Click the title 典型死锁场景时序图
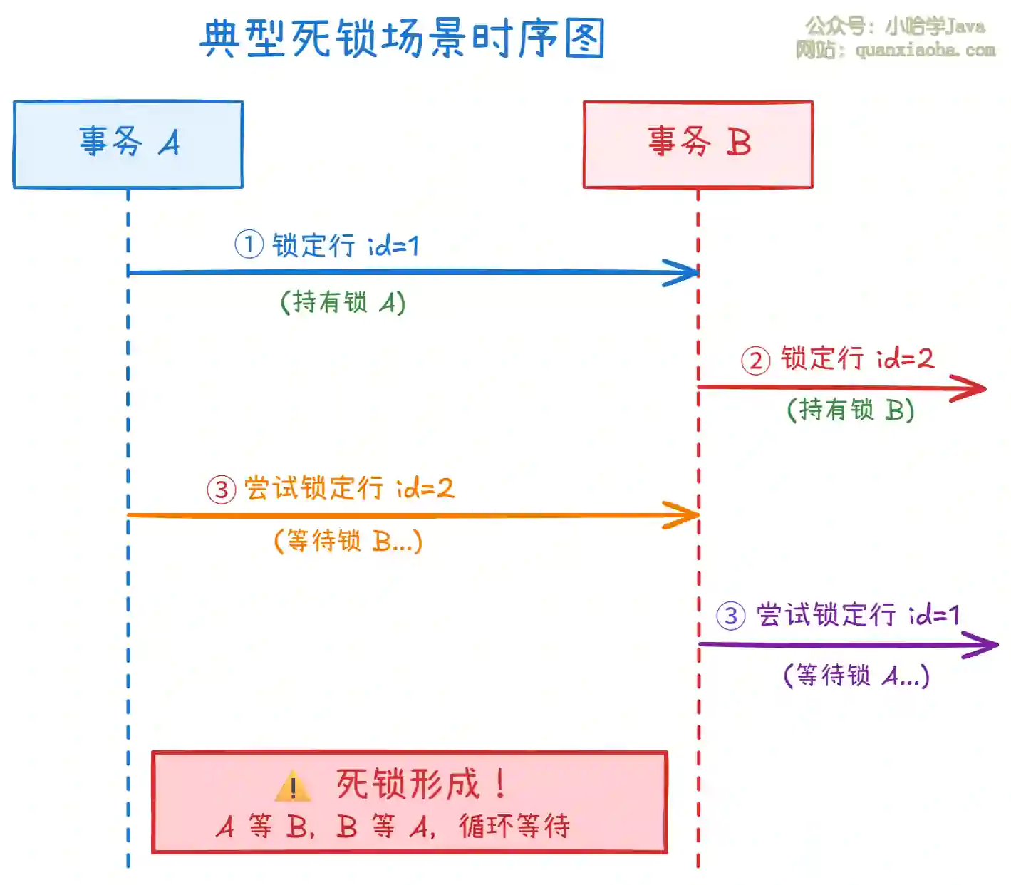[403, 38]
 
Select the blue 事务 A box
[128, 145]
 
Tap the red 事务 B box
[698, 145]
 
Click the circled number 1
[249, 244]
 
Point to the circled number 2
[756, 360]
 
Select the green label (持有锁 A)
[343, 302]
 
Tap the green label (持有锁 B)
[851, 410]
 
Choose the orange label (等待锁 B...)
[348, 541]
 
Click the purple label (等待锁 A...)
[856, 675]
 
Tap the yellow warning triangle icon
[292, 787]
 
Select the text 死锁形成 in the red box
[408, 785]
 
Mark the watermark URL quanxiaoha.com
[925, 50]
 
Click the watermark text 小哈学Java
[935, 26]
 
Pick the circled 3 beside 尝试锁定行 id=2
[222, 490]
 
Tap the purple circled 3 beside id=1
[731, 615]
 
